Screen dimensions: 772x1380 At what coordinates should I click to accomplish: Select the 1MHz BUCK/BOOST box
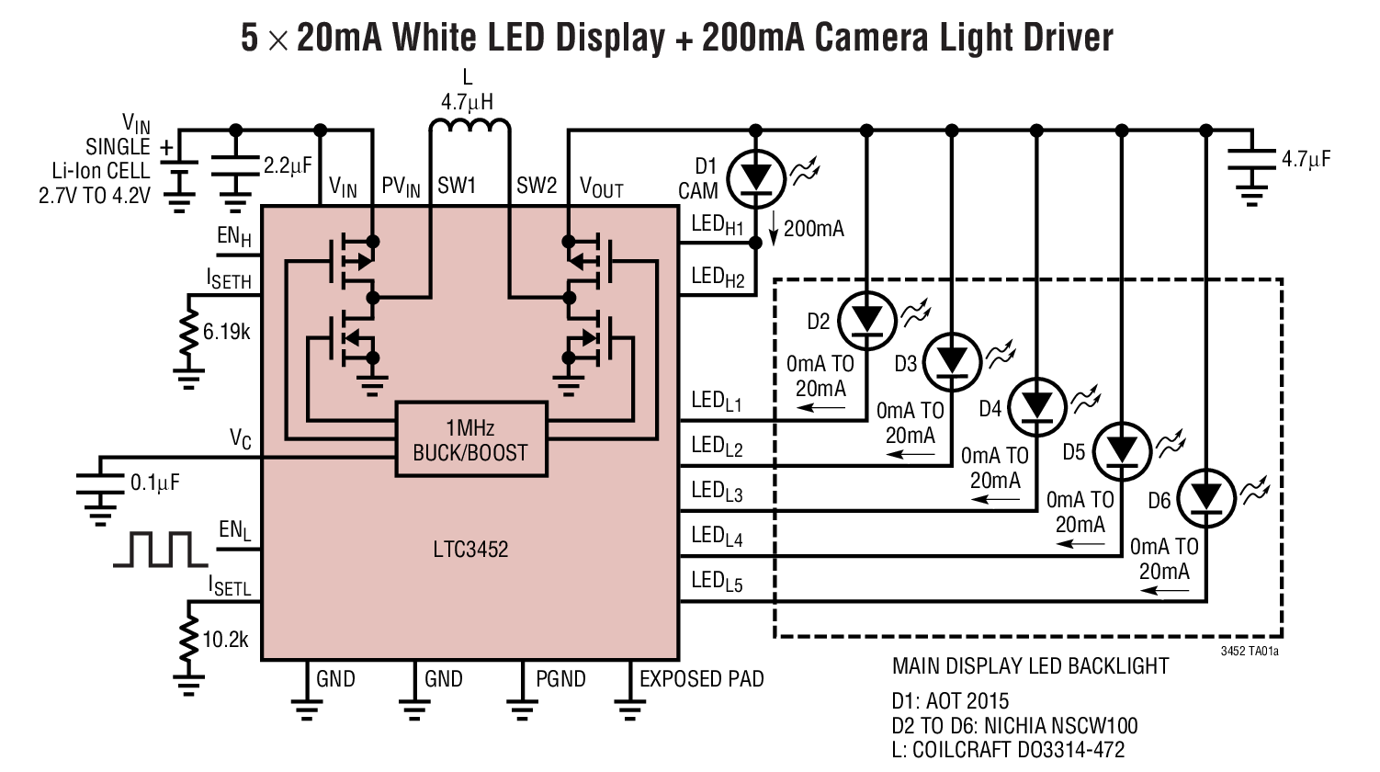point(470,440)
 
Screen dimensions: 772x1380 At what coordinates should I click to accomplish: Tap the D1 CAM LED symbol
point(755,176)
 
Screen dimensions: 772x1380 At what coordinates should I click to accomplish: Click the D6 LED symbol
point(1205,497)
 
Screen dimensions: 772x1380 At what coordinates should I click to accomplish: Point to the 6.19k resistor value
point(226,332)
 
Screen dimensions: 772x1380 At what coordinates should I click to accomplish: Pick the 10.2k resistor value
point(225,639)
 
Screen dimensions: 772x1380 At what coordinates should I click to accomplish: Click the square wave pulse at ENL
point(161,550)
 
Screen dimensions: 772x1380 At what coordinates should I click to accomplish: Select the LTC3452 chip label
point(469,550)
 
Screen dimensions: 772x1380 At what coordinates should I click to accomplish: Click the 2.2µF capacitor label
point(288,166)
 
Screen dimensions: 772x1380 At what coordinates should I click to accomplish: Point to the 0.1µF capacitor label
point(154,482)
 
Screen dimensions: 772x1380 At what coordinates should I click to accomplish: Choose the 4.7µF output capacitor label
point(1306,159)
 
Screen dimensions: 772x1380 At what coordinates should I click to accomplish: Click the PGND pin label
point(560,679)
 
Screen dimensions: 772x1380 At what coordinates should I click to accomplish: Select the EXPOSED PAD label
point(701,679)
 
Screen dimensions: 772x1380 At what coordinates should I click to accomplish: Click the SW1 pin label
point(457,187)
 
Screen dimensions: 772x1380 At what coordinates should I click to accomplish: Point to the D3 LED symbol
point(951,361)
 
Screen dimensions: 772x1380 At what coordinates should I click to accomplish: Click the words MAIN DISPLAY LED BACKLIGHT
point(1030,666)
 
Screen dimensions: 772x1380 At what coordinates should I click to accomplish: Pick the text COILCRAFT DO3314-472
point(1017,749)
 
